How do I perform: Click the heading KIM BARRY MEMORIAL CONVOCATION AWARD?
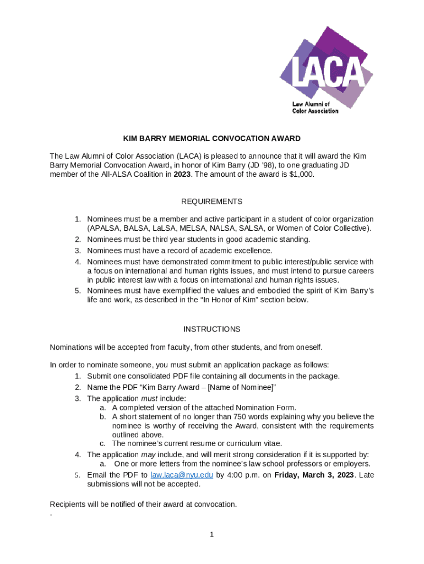pos(211,138)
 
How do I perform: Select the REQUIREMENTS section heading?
pos(211,202)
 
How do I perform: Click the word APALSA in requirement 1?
pos(105,229)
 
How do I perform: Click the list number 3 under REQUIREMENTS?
pos(78,251)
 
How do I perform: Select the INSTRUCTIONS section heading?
pos(211,329)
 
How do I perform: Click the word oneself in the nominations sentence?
pos(307,348)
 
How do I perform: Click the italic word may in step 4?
pos(149,454)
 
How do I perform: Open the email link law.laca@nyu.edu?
pos(182,475)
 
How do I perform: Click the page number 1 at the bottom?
pos(211,534)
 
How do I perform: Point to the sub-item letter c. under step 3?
pos(103,443)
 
